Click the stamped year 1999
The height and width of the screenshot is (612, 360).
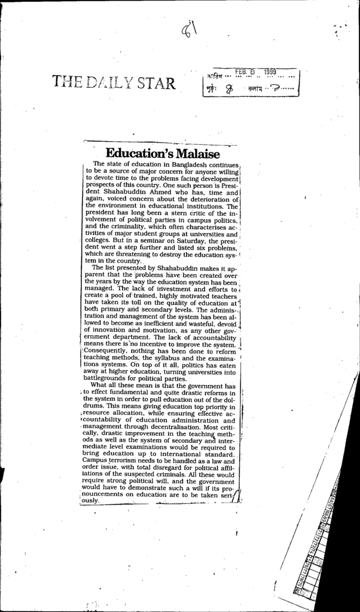pyautogui.click(x=269, y=72)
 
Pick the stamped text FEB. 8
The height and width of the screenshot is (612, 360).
pyautogui.click(x=245, y=72)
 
